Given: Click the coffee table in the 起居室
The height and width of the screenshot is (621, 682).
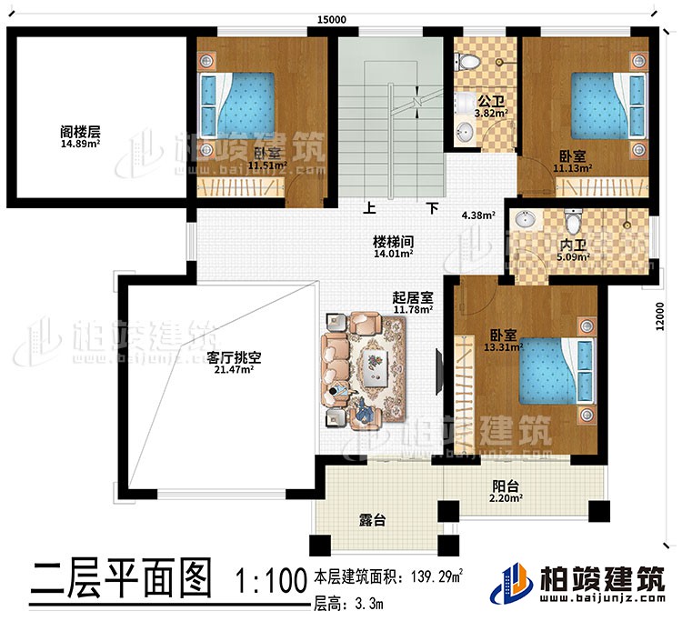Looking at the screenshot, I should tap(374, 367).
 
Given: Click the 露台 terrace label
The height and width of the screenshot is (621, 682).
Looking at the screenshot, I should tap(373, 521).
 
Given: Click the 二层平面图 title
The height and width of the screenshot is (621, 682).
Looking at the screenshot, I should tap(121, 580).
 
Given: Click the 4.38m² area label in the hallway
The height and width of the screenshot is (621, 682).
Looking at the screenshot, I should tap(478, 216).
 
